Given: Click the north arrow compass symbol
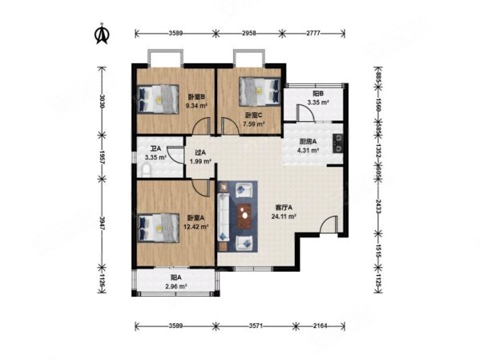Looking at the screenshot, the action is click(103, 34).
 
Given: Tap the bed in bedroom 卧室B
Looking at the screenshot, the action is click(158, 99).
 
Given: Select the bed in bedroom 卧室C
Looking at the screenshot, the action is click(260, 91).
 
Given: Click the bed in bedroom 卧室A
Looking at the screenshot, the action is click(158, 228).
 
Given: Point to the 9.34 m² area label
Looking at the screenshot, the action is click(197, 106).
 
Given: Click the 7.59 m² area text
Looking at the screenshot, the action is click(254, 124).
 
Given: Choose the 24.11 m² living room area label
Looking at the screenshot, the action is click(284, 216).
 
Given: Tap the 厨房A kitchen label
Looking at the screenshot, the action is click(308, 142).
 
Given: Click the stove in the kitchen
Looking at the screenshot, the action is click(338, 144).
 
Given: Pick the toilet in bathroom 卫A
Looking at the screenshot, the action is click(147, 171).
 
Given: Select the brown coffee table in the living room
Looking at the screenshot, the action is click(244, 216).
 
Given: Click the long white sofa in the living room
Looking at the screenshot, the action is click(224, 217).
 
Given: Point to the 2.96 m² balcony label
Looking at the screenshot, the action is click(176, 287).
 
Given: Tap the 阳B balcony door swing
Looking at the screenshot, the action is click(305, 113).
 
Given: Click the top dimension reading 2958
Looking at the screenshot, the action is click(249, 33).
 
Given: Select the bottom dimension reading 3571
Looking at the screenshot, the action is click(256, 326).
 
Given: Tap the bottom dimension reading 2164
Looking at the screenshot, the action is click(321, 326).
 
